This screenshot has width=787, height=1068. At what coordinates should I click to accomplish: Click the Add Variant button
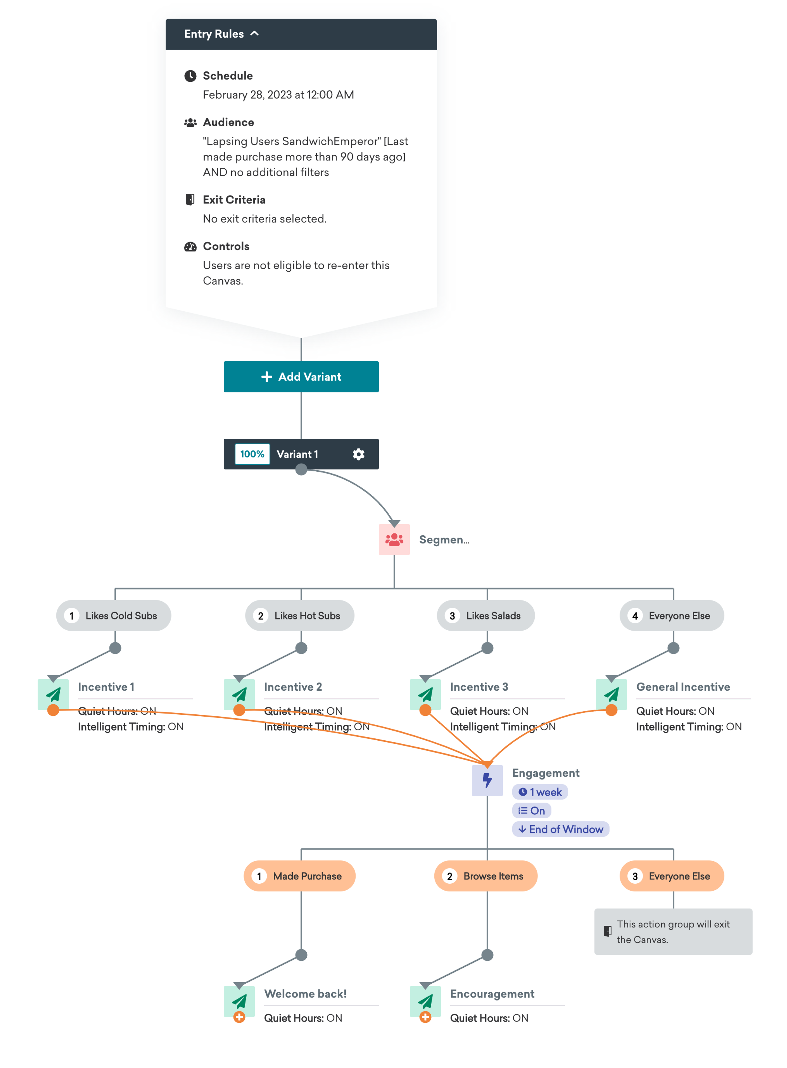coord(301,377)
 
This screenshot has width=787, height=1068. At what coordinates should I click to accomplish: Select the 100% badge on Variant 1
coord(252,454)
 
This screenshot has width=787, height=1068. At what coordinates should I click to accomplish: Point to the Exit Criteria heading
coord(234,200)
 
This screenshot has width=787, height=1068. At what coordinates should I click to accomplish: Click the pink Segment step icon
coord(394,539)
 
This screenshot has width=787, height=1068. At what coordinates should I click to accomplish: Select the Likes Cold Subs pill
coord(114,616)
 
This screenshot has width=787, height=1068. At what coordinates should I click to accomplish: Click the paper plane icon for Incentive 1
coord(53,694)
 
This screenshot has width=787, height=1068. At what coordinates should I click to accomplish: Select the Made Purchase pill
coord(300,876)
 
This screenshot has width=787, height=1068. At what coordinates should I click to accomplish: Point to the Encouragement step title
coord(492,994)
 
